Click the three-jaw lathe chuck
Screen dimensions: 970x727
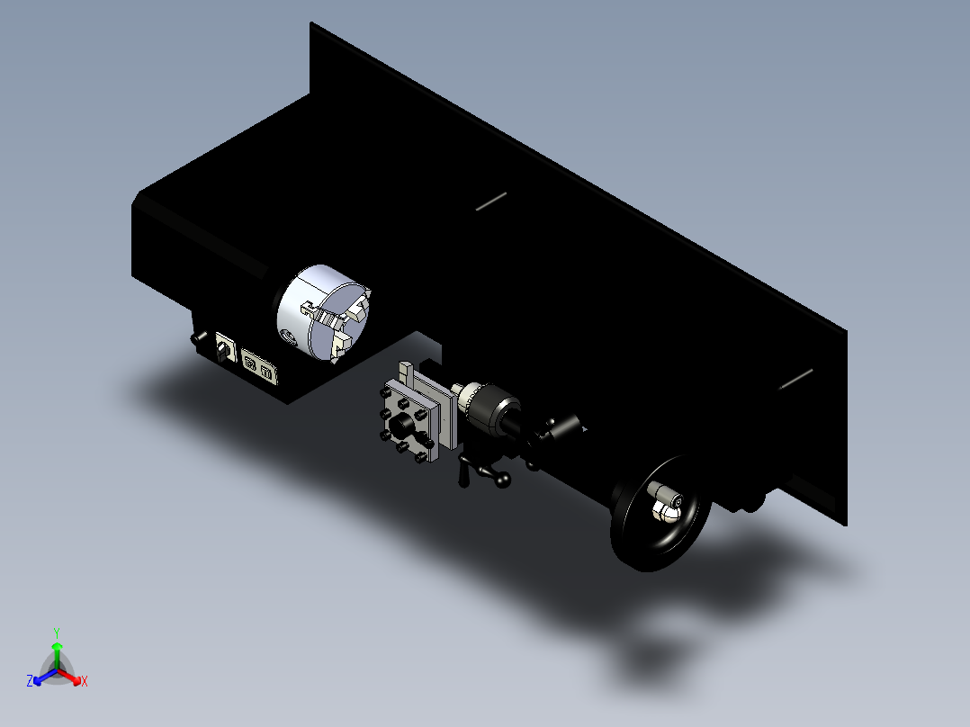[x=324, y=313]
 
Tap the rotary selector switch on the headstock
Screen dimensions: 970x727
[x=225, y=350]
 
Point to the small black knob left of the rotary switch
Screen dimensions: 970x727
[x=198, y=337]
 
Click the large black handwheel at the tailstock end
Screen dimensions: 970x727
[x=659, y=513]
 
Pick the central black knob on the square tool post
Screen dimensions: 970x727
[x=402, y=425]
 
